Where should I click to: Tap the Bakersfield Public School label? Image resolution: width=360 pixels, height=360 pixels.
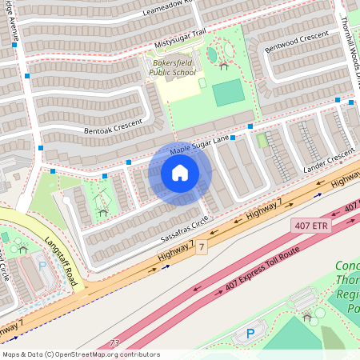pyautogui.click(x=171, y=67)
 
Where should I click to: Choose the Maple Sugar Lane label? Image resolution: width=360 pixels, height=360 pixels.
pyautogui.click(x=200, y=146)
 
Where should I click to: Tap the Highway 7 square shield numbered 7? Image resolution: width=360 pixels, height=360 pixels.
pyautogui.click(x=202, y=248)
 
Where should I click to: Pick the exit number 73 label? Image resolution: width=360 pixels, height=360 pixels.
pyautogui.click(x=114, y=342)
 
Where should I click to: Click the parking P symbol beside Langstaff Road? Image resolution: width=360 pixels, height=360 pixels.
pyautogui.click(x=42, y=264)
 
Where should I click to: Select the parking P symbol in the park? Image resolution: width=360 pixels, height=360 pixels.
pyautogui.click(x=250, y=333)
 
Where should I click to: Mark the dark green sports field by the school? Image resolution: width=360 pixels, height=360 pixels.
pyautogui.click(x=229, y=93)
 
